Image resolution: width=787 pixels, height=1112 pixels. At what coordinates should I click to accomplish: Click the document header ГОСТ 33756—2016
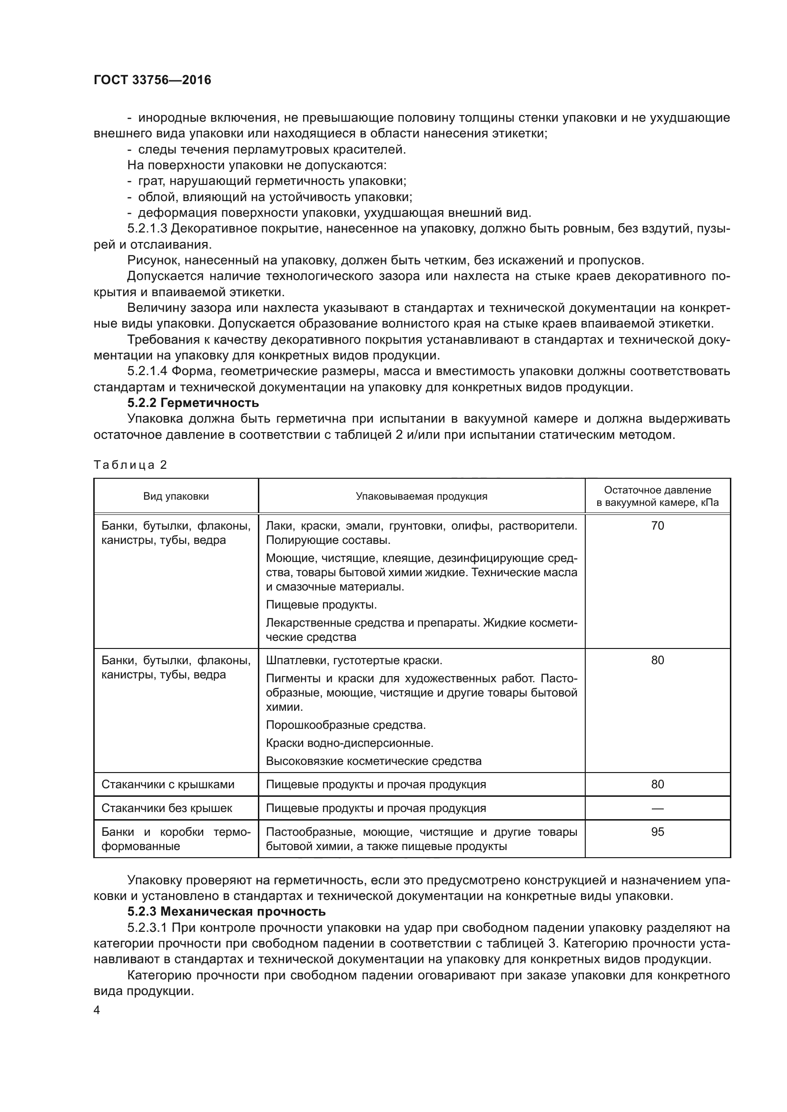[x=152, y=80]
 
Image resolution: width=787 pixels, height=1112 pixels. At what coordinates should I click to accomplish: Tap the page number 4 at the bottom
[x=97, y=1010]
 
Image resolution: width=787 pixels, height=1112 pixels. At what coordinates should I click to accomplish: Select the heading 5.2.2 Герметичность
[x=193, y=403]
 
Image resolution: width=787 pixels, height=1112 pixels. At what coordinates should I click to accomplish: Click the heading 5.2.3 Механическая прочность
[x=226, y=911]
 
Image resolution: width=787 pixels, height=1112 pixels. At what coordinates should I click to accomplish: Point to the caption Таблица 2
[x=130, y=465]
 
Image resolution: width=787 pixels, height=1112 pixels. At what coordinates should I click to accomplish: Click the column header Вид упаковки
[x=176, y=496]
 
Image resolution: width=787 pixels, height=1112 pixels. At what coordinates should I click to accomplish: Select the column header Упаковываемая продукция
[x=421, y=496]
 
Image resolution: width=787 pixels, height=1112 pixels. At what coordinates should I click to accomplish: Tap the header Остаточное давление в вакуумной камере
[x=657, y=496]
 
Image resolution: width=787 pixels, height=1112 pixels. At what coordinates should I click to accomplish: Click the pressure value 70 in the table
[x=657, y=525]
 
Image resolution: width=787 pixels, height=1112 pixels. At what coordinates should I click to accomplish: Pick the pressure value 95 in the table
[x=657, y=832]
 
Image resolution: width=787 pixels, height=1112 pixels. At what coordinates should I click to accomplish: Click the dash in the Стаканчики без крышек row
[x=657, y=808]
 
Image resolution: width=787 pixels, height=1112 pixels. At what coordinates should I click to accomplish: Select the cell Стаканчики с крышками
[x=167, y=784]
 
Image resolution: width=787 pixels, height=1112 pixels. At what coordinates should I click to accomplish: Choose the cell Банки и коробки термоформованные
[x=176, y=839]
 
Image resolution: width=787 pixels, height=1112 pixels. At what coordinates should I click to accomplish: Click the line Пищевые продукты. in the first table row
[x=321, y=604]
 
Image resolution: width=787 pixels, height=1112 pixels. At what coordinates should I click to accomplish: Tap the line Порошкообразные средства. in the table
[x=345, y=725]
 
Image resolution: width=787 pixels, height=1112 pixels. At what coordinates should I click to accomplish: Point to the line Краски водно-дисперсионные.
[x=349, y=743]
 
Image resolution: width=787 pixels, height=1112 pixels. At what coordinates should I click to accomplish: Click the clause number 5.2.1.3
[x=148, y=229]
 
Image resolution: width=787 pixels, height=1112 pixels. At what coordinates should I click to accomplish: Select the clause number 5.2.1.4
[x=148, y=371]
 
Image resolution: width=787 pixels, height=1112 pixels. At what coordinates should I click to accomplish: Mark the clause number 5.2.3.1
[x=148, y=928]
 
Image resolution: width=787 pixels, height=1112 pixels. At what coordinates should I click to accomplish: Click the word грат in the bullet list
[x=149, y=181]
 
